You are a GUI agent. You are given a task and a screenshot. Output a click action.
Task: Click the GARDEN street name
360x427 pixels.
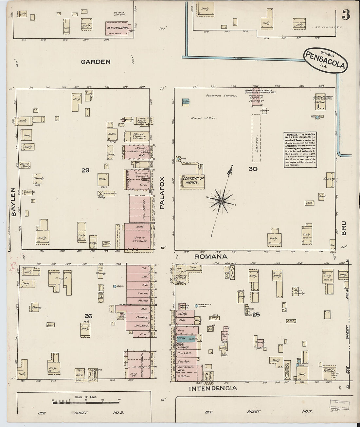click(x=96, y=62)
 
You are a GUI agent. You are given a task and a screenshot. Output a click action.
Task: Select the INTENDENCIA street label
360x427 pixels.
click(x=213, y=388)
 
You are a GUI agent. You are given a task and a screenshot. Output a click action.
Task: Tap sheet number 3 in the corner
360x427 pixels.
click(x=346, y=15)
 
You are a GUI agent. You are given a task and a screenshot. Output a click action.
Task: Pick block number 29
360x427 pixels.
click(x=86, y=170)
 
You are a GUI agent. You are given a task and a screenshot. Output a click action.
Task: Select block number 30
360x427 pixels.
click(x=253, y=169)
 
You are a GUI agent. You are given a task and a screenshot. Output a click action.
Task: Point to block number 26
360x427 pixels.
click(x=88, y=316)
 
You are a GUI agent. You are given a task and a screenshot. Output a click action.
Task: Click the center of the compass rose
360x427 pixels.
click(x=221, y=200)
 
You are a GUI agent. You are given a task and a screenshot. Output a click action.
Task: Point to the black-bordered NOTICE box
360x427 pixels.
click(x=300, y=150)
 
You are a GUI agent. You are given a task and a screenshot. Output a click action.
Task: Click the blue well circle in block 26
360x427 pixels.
click(x=115, y=286)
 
